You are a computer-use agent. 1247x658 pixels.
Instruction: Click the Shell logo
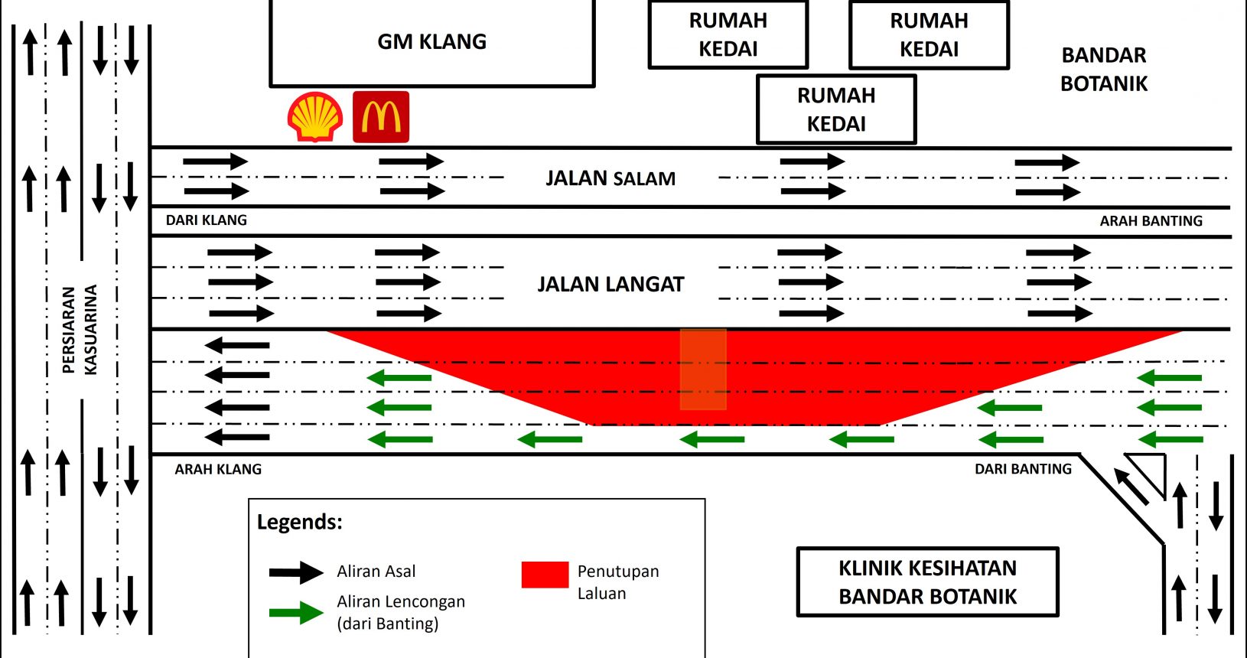pos(315,117)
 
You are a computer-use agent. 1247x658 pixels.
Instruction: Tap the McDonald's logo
pos(381,117)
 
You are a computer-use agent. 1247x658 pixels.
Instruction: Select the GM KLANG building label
pos(432,42)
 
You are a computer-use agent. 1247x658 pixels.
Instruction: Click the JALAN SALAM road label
pos(610,178)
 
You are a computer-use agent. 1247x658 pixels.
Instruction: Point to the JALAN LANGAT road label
pos(610,284)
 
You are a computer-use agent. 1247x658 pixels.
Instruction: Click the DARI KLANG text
pos(207,220)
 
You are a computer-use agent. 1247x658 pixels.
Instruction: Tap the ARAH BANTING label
pos(1151,220)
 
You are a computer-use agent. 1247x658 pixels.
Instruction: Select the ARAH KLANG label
pos(218,469)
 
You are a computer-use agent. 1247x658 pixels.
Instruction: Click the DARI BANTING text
pos(1023,469)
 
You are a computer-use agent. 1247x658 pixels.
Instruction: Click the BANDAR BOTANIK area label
pos(1104,70)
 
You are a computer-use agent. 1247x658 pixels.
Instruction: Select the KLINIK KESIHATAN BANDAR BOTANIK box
pos(928,581)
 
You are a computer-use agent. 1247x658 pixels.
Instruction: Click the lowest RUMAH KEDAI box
pos(836,109)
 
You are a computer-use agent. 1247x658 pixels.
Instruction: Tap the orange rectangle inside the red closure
pos(703,369)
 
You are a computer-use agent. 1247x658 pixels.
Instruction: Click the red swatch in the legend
pos(545,575)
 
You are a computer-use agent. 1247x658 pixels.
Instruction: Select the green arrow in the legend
pos(296,613)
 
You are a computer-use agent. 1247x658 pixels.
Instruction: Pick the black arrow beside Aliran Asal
pos(296,572)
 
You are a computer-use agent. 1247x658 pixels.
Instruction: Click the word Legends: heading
pos(299,522)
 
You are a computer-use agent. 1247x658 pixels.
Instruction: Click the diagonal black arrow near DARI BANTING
pos(1131,487)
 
